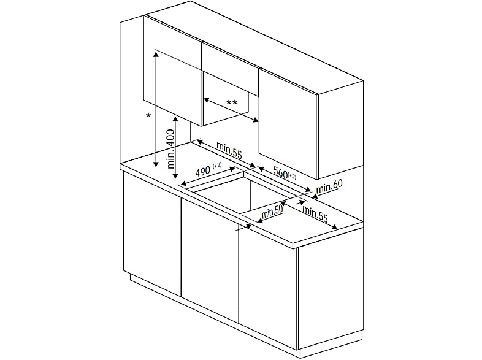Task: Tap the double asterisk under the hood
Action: [232, 103]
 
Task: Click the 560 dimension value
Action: [280, 173]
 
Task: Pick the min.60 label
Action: [330, 185]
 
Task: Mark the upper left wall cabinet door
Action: [172, 67]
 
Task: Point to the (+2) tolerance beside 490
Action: [217, 166]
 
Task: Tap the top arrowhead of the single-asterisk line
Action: [157, 54]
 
